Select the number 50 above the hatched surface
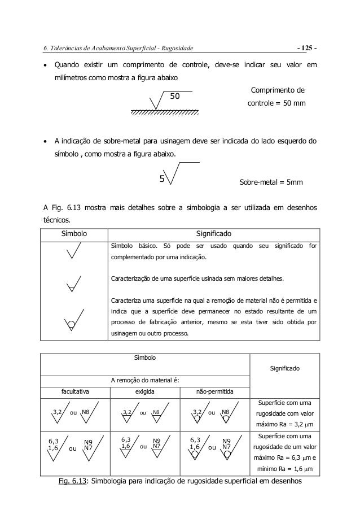tap(175, 97)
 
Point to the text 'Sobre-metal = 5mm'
tap(271, 182)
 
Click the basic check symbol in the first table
tap(73, 251)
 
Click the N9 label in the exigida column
tap(157, 441)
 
